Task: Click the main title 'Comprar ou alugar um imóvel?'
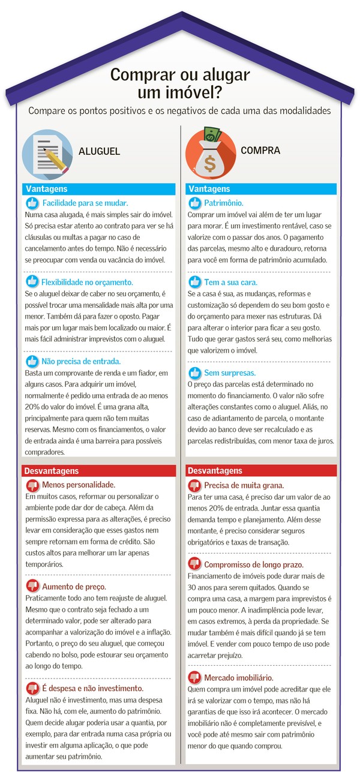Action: click(x=180, y=84)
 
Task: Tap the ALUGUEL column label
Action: click(x=99, y=152)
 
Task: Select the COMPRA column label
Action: click(x=260, y=150)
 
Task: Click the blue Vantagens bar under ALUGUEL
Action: click(x=98, y=189)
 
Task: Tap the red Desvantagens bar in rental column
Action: click(x=98, y=471)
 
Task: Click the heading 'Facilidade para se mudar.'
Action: click(x=85, y=203)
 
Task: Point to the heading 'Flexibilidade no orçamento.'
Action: click(x=87, y=281)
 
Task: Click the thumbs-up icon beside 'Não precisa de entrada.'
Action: click(x=32, y=361)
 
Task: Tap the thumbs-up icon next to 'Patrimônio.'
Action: click(x=194, y=203)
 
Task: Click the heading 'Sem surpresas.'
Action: click(x=229, y=372)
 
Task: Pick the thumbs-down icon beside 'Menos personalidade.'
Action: click(x=32, y=485)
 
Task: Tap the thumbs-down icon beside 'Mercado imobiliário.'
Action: click(x=194, y=677)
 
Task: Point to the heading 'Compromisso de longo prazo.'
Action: click(x=254, y=564)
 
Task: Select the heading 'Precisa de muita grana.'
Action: click(x=244, y=485)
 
